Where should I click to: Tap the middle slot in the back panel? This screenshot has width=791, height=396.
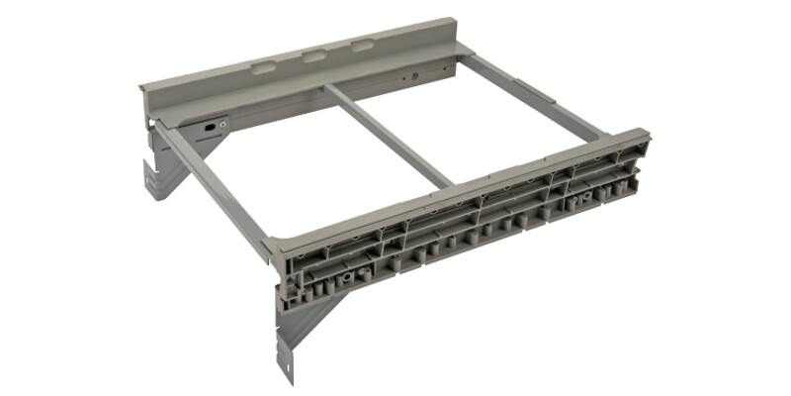[x=313, y=56]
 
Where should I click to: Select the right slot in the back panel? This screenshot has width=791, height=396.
[x=363, y=47]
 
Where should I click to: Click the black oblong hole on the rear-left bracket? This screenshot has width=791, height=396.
[x=210, y=127]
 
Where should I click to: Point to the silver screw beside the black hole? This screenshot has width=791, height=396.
[x=223, y=124]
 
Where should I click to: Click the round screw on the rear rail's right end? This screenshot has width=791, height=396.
[x=414, y=75]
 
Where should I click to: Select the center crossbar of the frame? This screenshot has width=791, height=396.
[x=390, y=135]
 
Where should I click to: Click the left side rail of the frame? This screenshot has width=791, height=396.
[x=213, y=187]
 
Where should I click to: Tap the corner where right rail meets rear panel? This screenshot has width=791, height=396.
[x=465, y=61]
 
